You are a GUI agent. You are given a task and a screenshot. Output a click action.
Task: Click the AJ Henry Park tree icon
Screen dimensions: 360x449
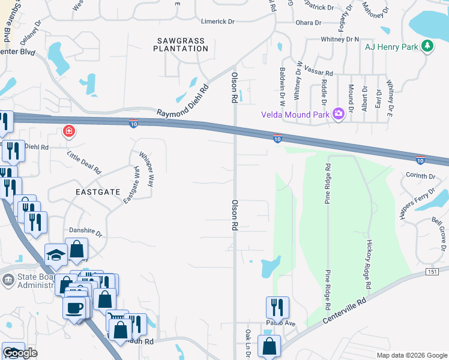point(427,46)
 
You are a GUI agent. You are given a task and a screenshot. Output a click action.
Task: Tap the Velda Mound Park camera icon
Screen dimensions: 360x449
point(338,113)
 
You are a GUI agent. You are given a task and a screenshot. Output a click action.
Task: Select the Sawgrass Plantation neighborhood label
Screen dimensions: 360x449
point(181,44)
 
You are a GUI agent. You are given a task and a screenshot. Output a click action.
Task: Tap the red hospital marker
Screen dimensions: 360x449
point(70,130)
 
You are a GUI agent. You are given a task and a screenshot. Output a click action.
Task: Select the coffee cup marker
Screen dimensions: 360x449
point(75,307)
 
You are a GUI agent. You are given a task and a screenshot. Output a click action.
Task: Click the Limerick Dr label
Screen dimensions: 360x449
point(217,21)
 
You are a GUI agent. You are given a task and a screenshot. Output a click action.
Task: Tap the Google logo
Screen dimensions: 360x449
point(20,353)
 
